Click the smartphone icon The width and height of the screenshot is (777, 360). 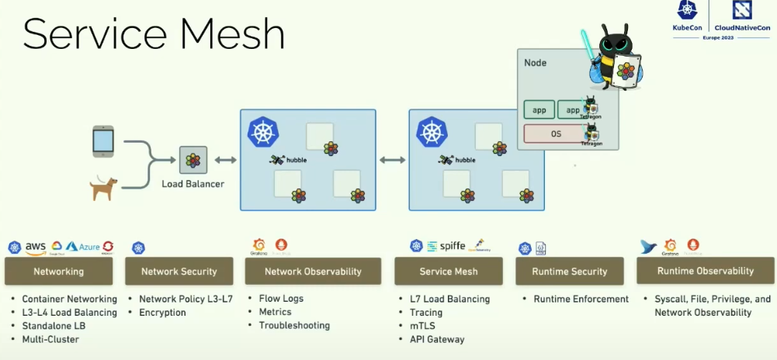(103, 141)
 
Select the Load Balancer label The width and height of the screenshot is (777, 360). (193, 184)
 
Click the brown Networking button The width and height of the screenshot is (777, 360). (58, 272)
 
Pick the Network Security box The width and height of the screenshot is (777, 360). (179, 272)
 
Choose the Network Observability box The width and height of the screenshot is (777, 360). (313, 272)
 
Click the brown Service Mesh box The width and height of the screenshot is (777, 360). (449, 272)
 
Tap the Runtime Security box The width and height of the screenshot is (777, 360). (569, 272)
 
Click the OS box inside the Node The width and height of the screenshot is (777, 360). (557, 133)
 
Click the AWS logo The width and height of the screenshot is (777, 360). (36, 247)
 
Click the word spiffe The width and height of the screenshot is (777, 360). (453, 246)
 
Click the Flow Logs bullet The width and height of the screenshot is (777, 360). (281, 299)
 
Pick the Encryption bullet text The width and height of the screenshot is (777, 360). (162, 313)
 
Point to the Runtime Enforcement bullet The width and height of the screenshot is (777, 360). (581, 299)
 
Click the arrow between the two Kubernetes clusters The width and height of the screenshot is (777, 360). (392, 160)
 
